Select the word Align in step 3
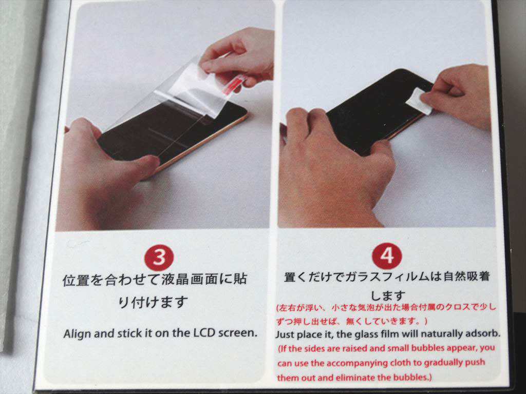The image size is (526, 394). click(78, 333)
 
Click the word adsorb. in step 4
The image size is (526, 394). click(482, 334)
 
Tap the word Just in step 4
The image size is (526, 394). click(286, 334)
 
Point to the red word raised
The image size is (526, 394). click(362, 348)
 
